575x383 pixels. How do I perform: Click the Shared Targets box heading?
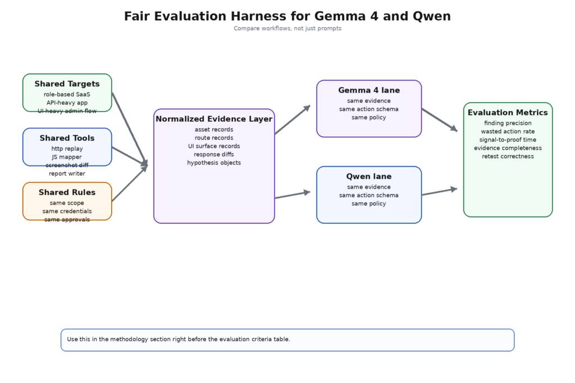click(67, 84)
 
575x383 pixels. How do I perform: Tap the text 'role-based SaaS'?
click(67, 94)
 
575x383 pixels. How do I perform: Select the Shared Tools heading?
click(67, 139)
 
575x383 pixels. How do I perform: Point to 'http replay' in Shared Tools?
click(67, 149)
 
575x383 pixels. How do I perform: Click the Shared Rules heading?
click(67, 192)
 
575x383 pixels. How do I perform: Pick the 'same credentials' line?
click(67, 211)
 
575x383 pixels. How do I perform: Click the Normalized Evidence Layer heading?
click(214, 119)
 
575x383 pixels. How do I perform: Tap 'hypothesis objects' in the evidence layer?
click(214, 163)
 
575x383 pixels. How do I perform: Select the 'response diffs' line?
click(214, 154)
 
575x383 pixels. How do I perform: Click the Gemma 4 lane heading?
click(369, 90)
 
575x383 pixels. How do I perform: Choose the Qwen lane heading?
click(369, 177)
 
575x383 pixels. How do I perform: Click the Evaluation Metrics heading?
click(508, 113)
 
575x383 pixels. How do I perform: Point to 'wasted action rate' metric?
click(508, 131)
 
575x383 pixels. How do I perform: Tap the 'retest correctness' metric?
click(508, 156)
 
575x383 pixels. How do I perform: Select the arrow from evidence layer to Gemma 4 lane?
click(292, 120)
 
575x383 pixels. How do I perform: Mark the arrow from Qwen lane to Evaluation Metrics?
click(439, 192)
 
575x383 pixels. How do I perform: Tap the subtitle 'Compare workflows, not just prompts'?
click(287, 29)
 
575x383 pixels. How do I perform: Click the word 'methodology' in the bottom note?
click(129, 339)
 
